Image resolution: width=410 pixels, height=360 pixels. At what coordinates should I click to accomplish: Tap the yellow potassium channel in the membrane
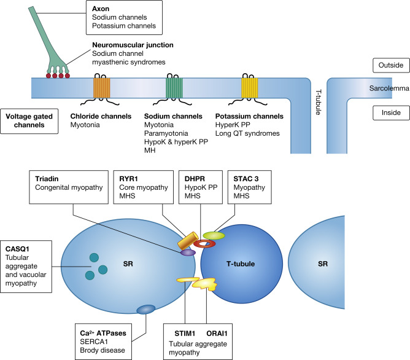(x=250, y=85)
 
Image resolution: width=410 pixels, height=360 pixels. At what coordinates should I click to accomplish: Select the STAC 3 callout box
(x=249, y=185)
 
